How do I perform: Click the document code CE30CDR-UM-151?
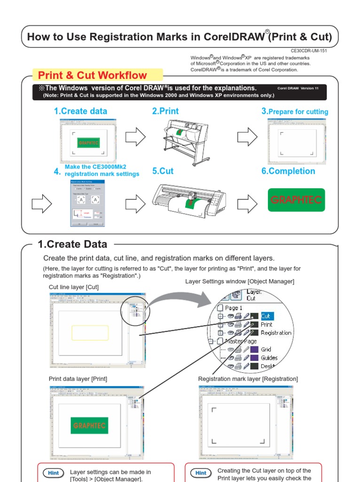tap(309, 50)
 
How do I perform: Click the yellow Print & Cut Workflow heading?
tap(93, 75)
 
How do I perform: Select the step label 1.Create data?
tap(80, 111)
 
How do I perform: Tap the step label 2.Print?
tap(165, 111)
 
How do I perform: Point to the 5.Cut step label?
tap(163, 171)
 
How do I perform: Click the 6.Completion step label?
tap(288, 171)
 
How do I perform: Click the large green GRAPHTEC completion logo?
tap(296, 200)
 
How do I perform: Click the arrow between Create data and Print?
tap(136, 137)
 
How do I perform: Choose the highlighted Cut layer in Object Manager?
tap(267, 316)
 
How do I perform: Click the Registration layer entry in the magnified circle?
tap(276, 333)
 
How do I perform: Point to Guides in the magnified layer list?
tap(269, 358)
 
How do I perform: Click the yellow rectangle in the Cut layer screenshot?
tap(90, 332)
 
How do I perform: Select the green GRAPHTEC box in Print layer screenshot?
tap(90, 425)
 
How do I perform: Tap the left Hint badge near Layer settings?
tap(52, 473)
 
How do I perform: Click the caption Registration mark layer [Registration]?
tap(248, 379)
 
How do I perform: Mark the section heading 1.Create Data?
tap(72, 244)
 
